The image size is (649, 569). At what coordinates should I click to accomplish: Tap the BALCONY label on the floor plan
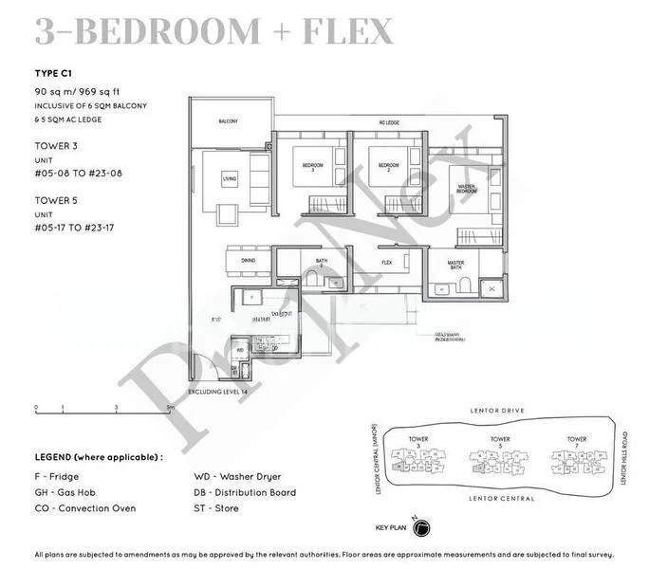(x=228, y=121)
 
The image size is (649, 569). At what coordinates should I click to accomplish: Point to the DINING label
(x=248, y=259)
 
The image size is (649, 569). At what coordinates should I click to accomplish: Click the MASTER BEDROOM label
(x=465, y=188)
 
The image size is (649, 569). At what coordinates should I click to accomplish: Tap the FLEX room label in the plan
(x=386, y=262)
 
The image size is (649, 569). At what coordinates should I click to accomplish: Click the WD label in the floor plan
(x=240, y=349)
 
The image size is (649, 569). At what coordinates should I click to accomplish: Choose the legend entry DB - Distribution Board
(x=244, y=492)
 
